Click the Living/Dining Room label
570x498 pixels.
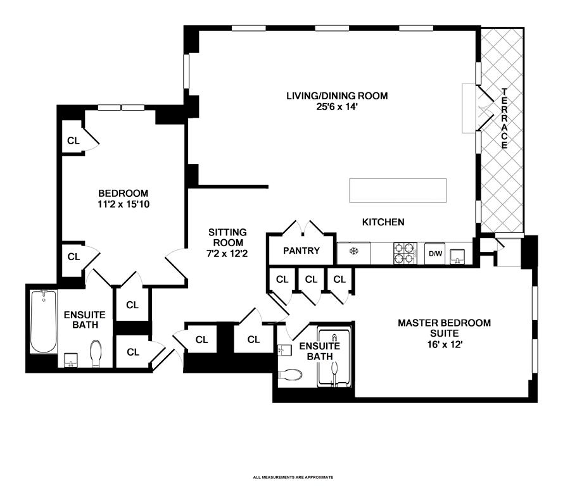(336, 96)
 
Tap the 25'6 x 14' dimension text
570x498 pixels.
(336, 106)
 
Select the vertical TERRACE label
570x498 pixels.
(505, 118)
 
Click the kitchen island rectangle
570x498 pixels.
(398, 190)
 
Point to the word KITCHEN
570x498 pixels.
(383, 222)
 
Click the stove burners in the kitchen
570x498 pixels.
(403, 253)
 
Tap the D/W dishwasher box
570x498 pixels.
(435, 254)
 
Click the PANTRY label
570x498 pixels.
(301, 251)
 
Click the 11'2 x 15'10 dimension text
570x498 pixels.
(123, 204)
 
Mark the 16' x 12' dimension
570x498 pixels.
(444, 345)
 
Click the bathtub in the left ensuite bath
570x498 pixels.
(44, 321)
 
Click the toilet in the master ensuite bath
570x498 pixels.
(290, 375)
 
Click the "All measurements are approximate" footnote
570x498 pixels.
(293, 477)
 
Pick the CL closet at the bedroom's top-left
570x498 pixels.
(73, 140)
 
